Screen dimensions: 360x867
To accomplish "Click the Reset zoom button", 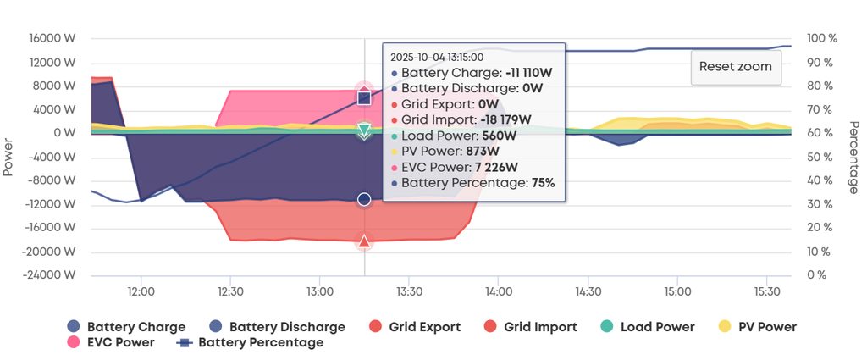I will point(736,67).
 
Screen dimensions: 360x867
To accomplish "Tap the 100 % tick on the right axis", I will point(821,39).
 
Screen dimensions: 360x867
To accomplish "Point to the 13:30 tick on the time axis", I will point(409,291).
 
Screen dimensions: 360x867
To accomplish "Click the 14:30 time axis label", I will point(588,291).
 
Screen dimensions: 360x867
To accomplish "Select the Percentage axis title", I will point(854,157).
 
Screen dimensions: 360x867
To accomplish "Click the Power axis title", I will point(8,158).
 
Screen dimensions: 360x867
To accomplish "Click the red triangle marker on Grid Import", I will point(364,242).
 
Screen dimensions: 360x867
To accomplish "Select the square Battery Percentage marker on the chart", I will point(364,98).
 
